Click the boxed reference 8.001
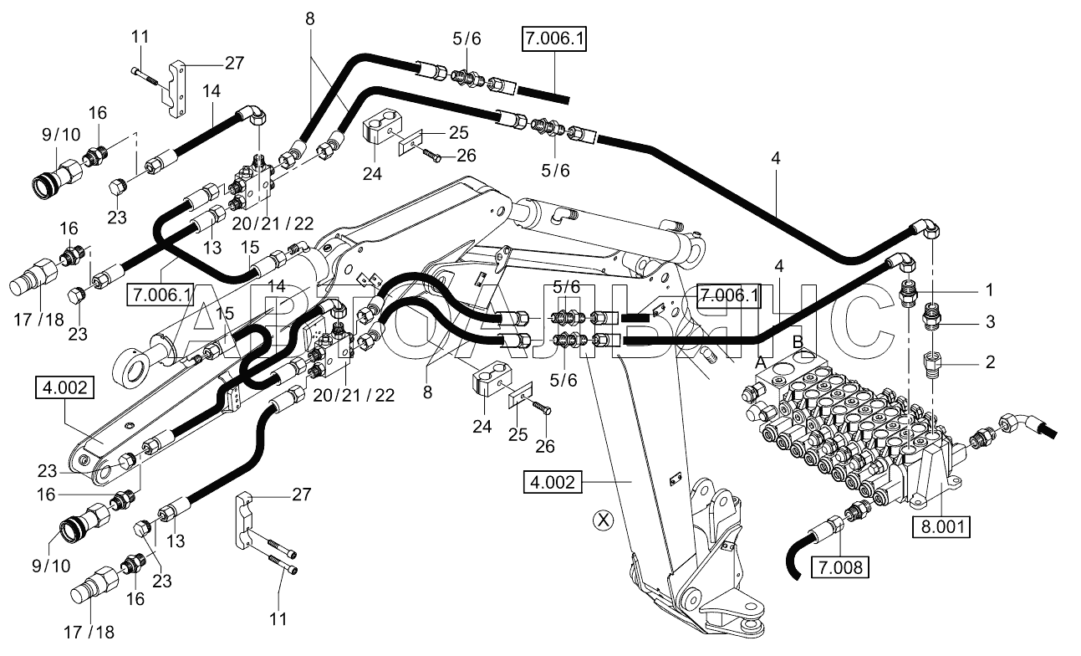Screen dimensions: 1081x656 click(x=941, y=526)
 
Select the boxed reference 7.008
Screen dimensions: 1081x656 click(x=840, y=567)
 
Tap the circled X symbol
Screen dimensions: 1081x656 click(x=604, y=520)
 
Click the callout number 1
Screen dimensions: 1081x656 click(x=989, y=290)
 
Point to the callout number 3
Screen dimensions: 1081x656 click(x=990, y=321)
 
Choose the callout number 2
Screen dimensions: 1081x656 click(x=990, y=361)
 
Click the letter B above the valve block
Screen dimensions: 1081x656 click(x=798, y=342)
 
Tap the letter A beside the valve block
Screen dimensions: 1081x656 click(x=761, y=361)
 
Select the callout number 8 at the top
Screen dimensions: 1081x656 click(x=310, y=19)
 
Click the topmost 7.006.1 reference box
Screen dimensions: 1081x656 click(x=554, y=38)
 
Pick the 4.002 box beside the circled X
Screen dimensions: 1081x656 click(x=553, y=482)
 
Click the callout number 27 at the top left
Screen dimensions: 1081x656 click(x=235, y=63)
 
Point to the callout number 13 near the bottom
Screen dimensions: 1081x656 click(x=176, y=541)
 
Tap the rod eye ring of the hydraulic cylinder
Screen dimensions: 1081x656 click(x=129, y=368)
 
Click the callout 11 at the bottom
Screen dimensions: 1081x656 click(x=278, y=619)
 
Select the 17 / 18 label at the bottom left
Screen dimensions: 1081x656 click(x=89, y=633)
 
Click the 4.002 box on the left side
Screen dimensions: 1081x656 click(x=64, y=388)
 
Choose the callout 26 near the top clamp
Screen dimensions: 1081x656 click(x=467, y=156)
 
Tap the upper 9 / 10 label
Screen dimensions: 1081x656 click(x=61, y=134)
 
